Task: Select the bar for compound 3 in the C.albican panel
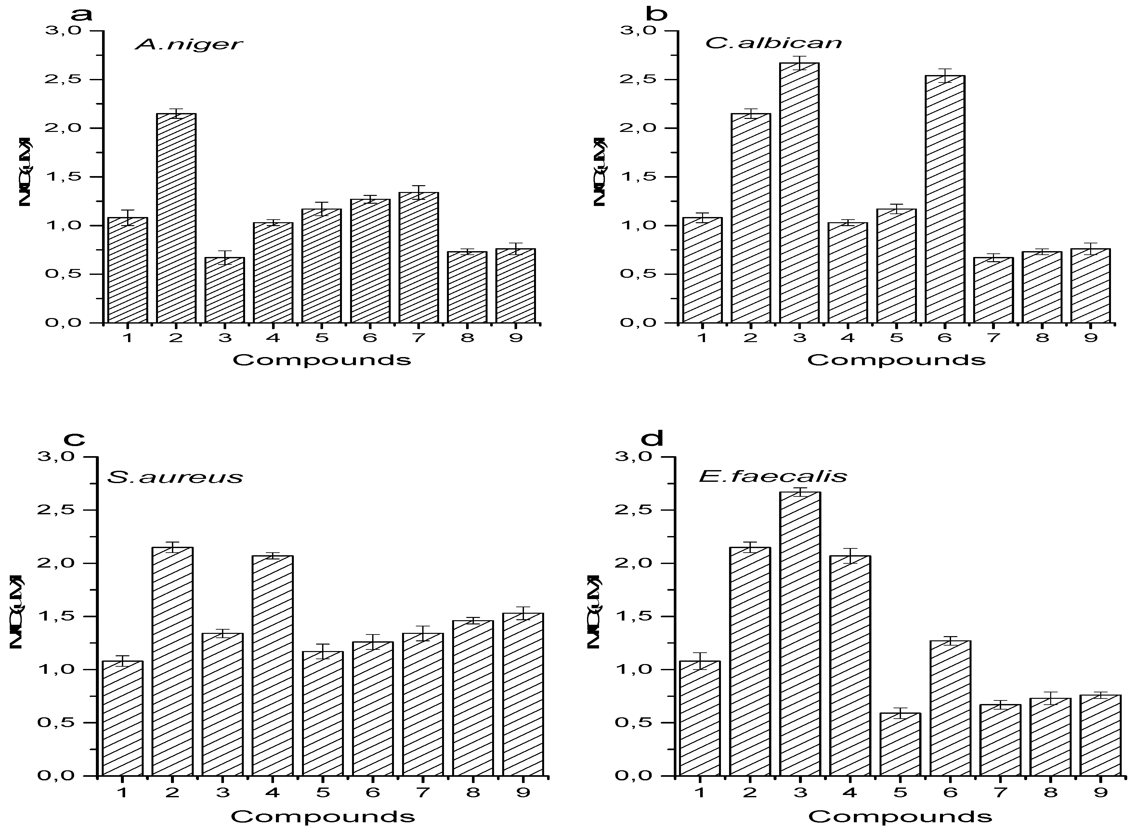pyautogui.click(x=799, y=193)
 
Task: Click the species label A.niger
pyautogui.click(x=189, y=45)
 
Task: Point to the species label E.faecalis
pyautogui.click(x=773, y=476)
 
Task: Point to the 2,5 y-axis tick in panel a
pyautogui.click(x=66, y=80)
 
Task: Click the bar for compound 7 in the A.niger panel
pyautogui.click(x=419, y=258)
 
